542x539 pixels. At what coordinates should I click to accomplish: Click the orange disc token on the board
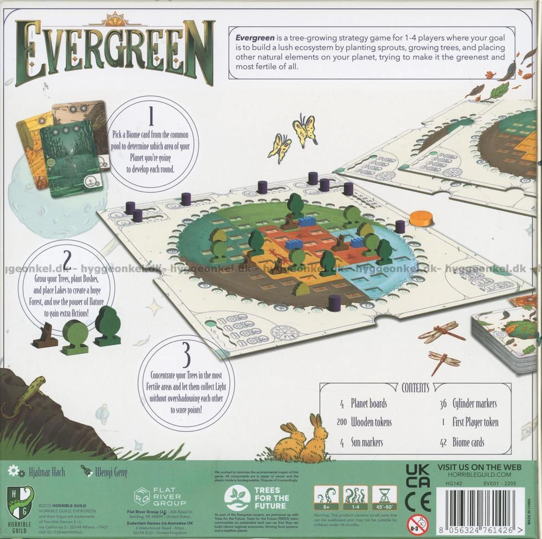click(421, 218)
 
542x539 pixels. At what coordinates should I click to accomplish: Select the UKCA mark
click(418, 474)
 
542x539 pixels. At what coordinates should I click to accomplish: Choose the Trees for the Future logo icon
click(237, 497)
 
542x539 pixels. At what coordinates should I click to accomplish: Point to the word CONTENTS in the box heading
click(416, 387)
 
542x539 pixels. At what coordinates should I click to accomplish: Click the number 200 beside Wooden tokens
click(335, 423)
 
